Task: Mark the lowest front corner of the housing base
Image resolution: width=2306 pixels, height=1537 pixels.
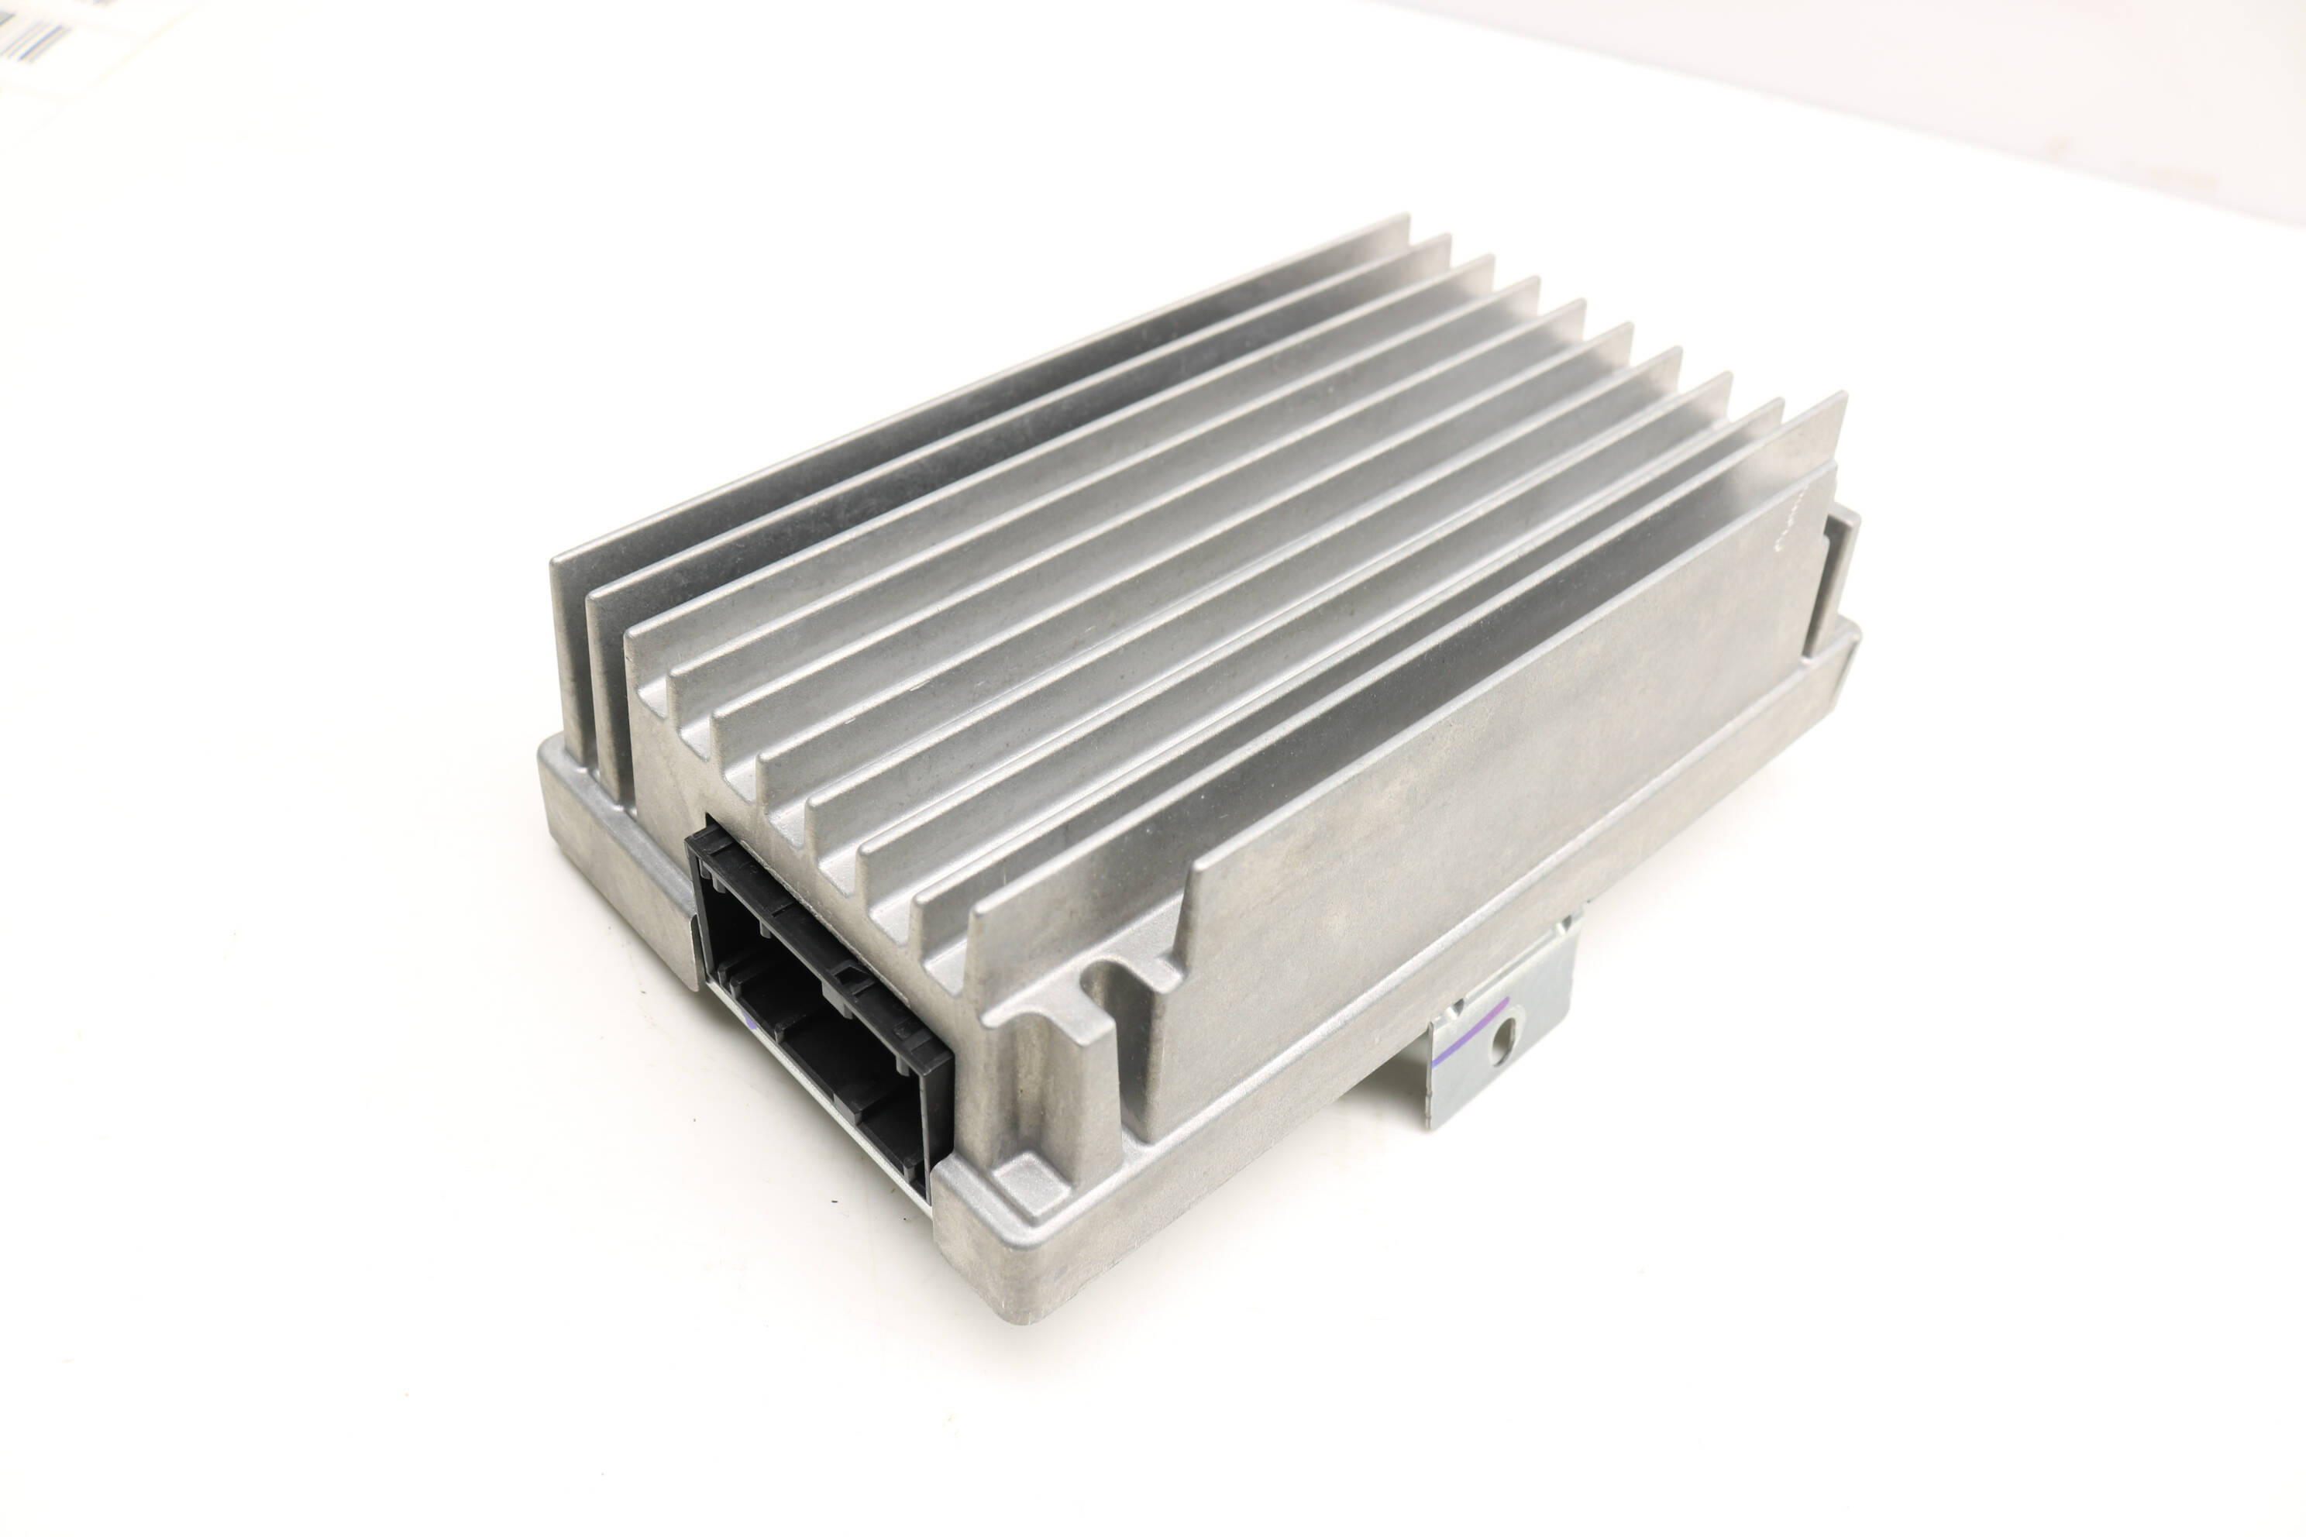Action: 1020,1314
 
